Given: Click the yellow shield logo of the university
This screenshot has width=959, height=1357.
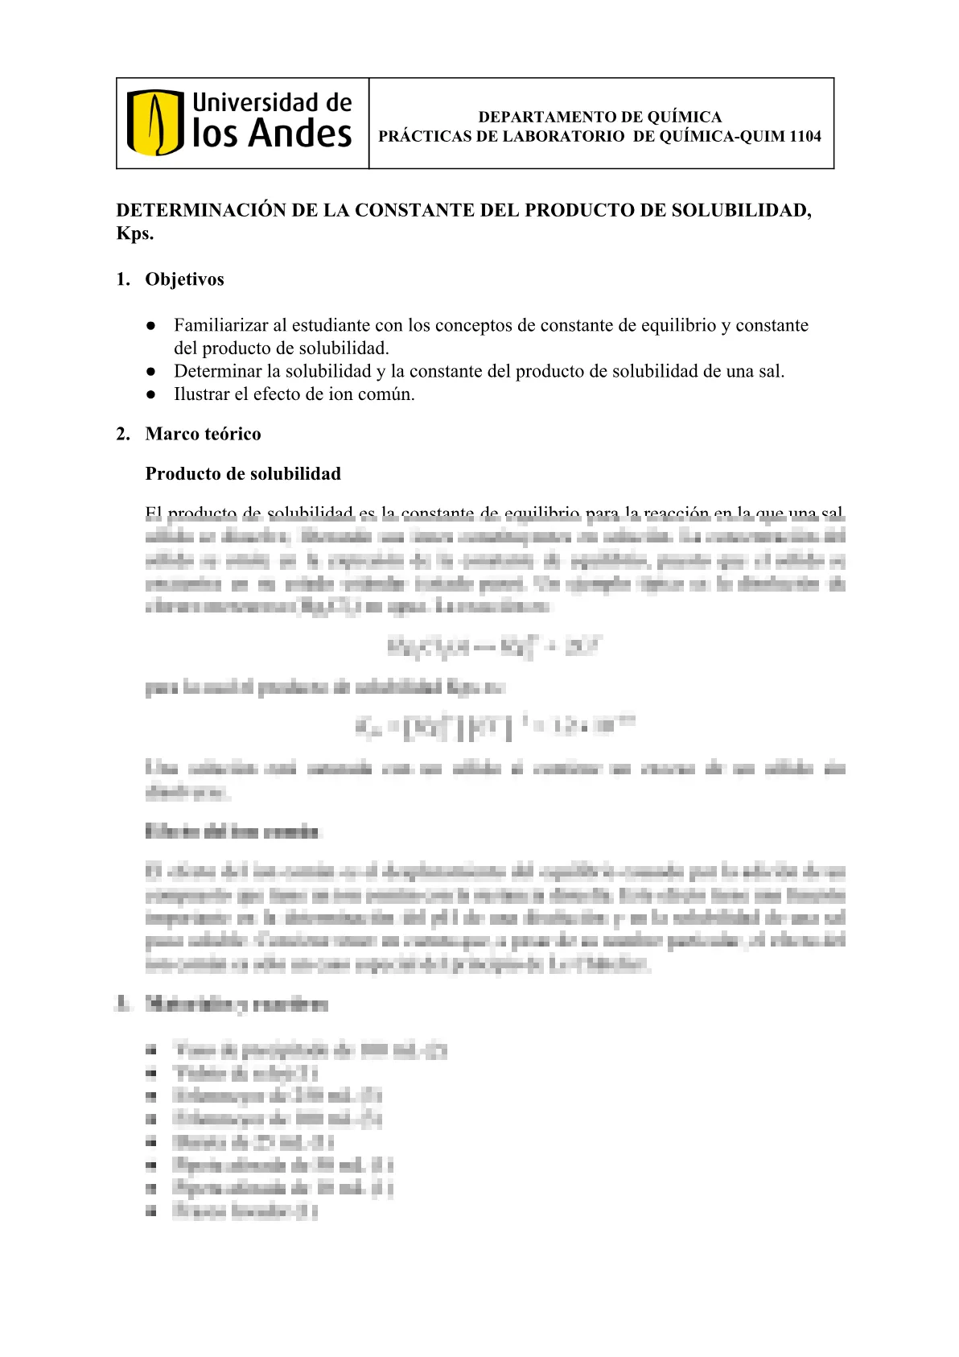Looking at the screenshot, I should pos(155,122).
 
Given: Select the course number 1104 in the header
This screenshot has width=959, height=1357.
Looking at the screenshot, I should pos(805,137).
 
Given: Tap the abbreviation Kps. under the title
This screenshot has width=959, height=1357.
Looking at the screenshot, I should pos(134,234).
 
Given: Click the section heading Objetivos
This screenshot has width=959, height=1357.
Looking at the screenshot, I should pos(184,280).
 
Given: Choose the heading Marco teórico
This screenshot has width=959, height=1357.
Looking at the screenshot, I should pos(203,435).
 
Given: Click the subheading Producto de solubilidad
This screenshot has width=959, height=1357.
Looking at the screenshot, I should pos(243,474).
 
